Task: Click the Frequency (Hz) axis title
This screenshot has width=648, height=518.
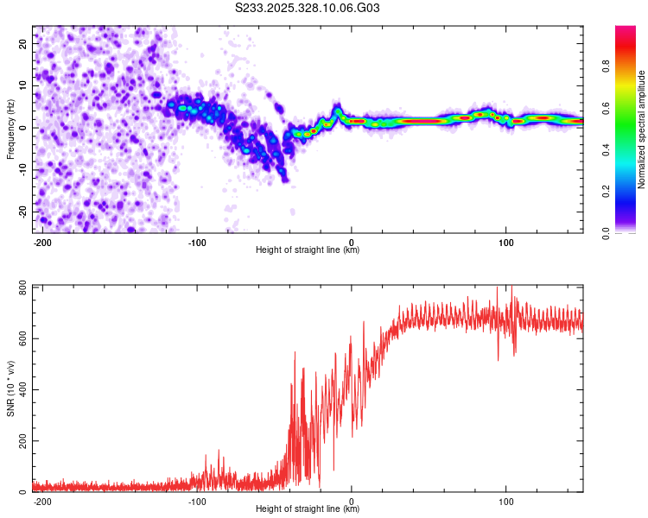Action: point(10,129)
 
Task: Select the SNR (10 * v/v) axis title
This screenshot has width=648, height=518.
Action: point(10,388)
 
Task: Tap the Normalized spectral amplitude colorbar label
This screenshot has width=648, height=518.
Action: point(641,129)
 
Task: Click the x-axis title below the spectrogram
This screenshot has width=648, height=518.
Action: point(308,250)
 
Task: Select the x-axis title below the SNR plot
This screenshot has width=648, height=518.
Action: point(308,509)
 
